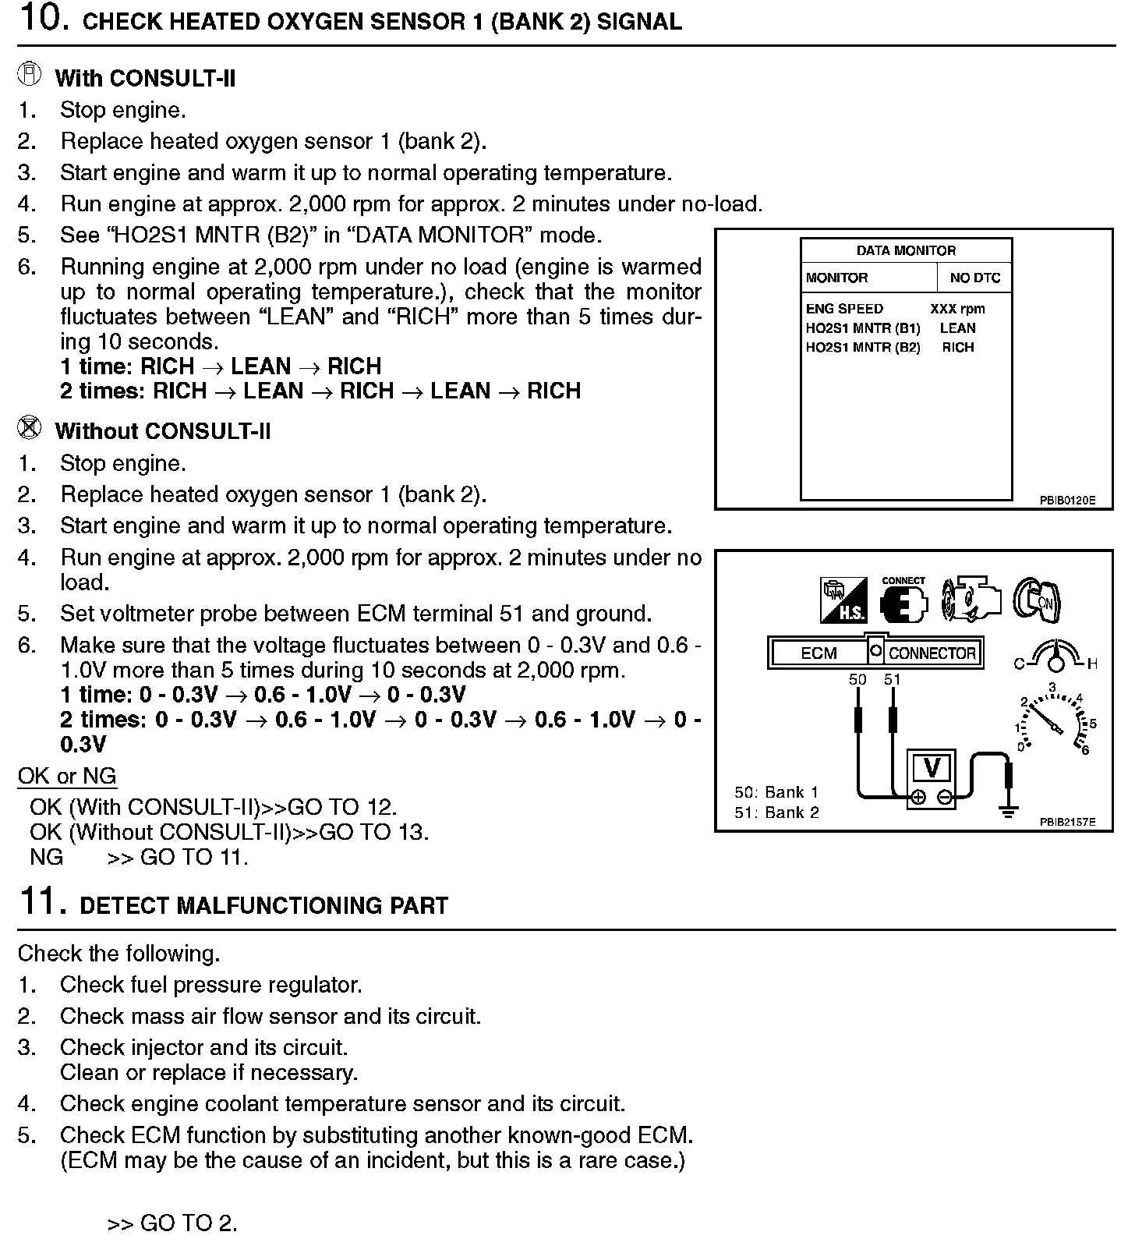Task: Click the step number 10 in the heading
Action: coord(38,18)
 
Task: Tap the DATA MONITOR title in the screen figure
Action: coord(906,250)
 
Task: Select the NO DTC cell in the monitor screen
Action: coord(974,278)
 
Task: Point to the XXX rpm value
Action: coord(957,309)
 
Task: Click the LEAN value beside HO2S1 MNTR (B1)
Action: coord(957,328)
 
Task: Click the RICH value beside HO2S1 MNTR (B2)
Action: coord(957,348)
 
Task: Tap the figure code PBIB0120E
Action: coord(1066,500)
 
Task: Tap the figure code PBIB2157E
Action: coord(1066,822)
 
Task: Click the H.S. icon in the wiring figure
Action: coord(843,601)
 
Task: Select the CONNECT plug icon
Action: coord(903,600)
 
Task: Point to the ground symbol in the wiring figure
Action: coord(1009,811)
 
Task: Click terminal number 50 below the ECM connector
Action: coord(857,679)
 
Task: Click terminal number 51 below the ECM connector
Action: coord(893,679)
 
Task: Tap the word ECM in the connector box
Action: coord(819,653)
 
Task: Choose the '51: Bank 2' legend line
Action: coord(776,812)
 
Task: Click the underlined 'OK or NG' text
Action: coord(67,776)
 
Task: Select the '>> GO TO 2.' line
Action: coord(172,1223)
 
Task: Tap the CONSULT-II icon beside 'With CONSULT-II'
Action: coord(29,75)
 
